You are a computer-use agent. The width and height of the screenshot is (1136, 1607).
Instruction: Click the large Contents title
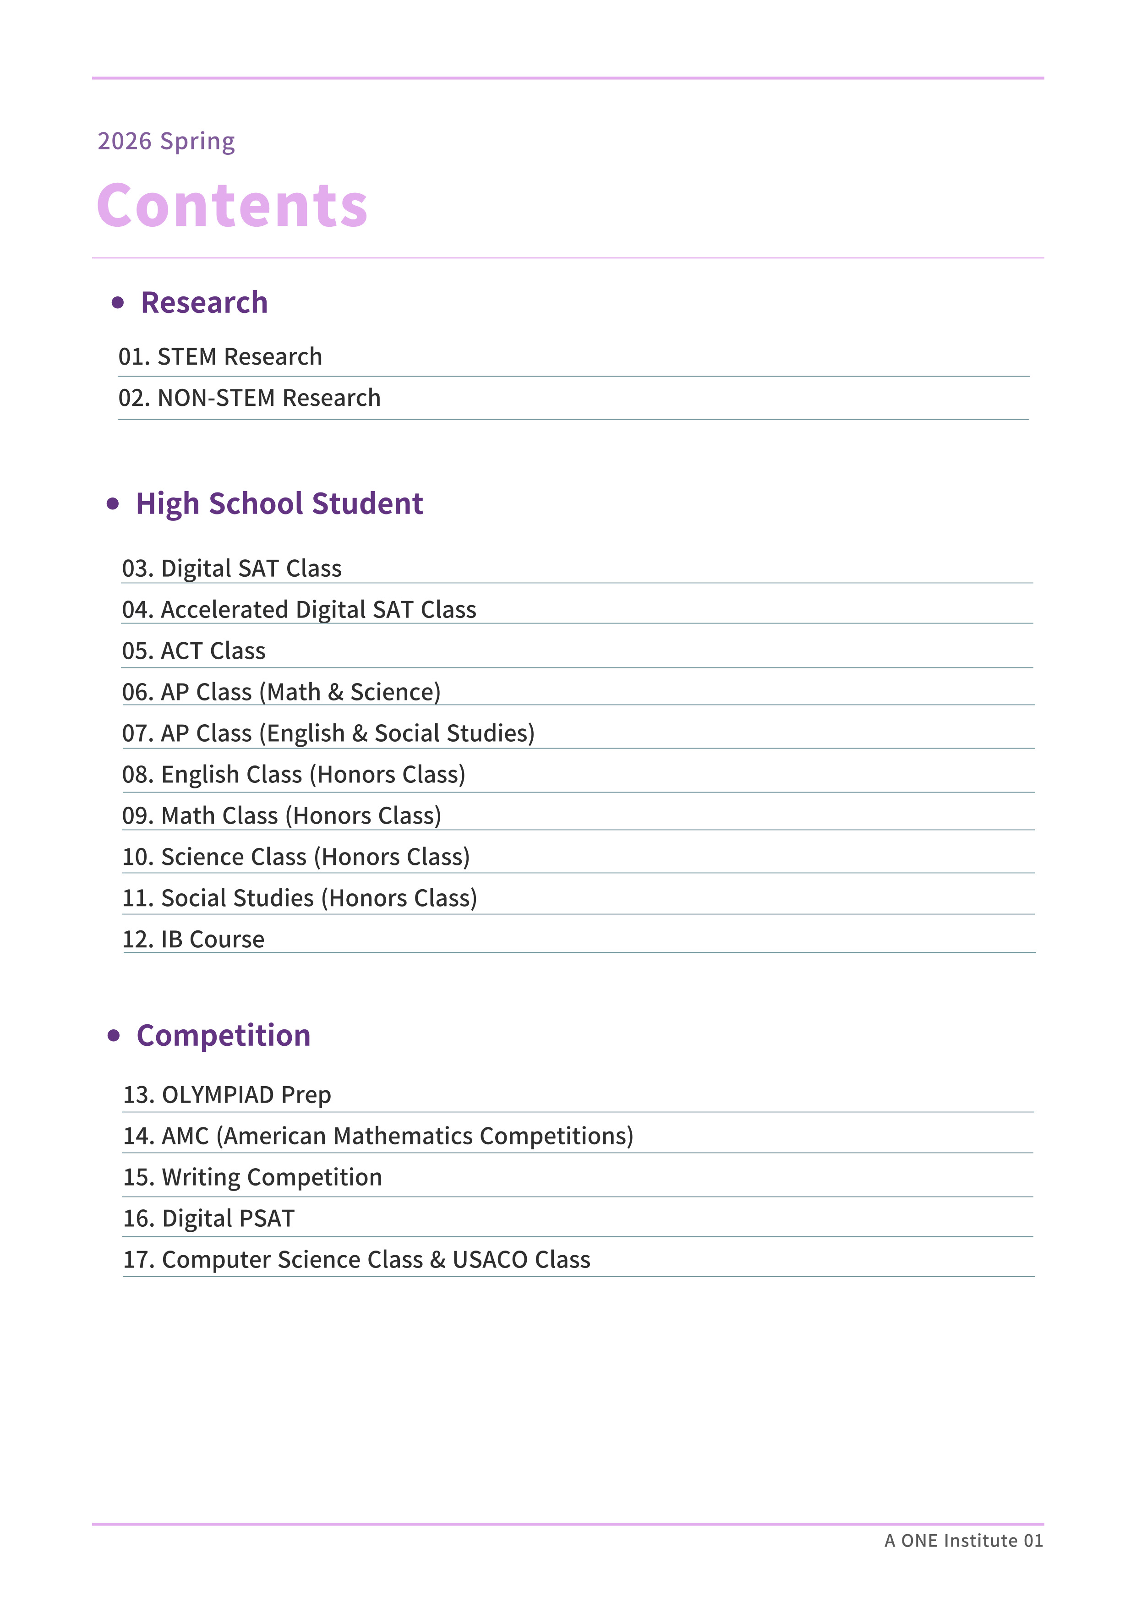pyautogui.click(x=232, y=206)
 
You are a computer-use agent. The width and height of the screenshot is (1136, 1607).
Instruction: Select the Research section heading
pyautogui.click(x=204, y=302)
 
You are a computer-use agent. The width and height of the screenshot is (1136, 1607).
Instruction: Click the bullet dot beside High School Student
pyautogui.click(x=113, y=504)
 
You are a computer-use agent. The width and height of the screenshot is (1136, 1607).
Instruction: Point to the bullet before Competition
pyautogui.click(x=114, y=1035)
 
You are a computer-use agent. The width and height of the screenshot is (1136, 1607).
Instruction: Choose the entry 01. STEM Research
pyautogui.click(x=220, y=357)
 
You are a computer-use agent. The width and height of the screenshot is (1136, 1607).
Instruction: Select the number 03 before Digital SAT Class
pyautogui.click(x=137, y=568)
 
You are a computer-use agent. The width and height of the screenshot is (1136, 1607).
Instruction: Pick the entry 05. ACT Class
pyautogui.click(x=194, y=651)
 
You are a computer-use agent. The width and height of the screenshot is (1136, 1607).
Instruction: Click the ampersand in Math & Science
pyautogui.click(x=335, y=692)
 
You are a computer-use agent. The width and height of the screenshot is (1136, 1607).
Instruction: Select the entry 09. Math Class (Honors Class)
pyautogui.click(x=281, y=816)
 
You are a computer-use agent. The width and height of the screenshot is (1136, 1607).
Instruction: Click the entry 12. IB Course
pyautogui.click(x=193, y=939)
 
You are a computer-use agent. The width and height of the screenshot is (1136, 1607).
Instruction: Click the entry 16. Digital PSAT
pyautogui.click(x=208, y=1219)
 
